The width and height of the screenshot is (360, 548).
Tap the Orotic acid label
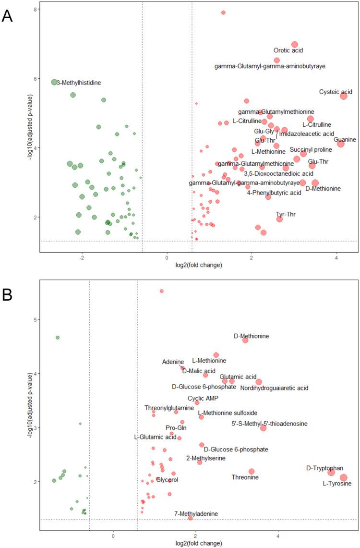point(288,50)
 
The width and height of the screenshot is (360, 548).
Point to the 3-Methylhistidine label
point(79,83)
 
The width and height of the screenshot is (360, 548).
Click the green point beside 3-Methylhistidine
point(54,82)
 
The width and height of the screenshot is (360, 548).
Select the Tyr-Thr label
point(286,214)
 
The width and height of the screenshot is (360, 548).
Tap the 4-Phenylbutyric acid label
point(274,193)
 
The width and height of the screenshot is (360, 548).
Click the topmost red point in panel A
point(223,12)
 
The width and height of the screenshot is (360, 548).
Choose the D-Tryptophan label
point(325,468)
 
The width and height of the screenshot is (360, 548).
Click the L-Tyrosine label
point(337,484)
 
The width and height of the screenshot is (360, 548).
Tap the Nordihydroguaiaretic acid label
point(274,388)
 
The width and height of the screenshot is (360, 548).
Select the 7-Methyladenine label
point(196,513)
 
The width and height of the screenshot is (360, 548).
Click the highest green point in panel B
point(58,338)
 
